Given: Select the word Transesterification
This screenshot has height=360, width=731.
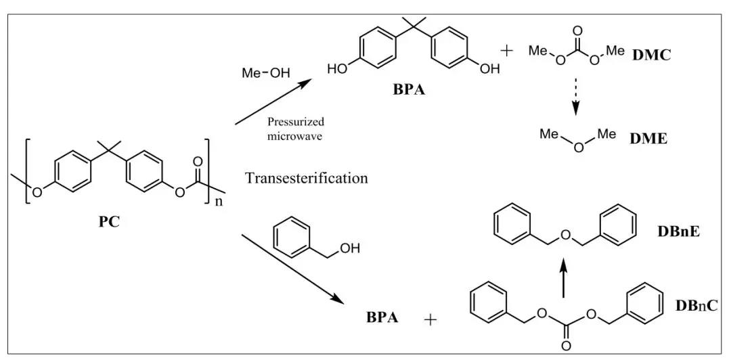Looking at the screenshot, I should click(307, 178).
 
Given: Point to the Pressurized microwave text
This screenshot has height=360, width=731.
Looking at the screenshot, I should click(296, 128).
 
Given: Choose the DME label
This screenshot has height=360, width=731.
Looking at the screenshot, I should click(648, 139).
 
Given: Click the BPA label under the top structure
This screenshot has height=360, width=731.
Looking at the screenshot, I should click(409, 90).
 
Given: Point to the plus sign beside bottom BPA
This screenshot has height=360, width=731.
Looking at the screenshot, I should click(430, 319).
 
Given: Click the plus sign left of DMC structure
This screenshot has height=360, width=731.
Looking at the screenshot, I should click(508, 51).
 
